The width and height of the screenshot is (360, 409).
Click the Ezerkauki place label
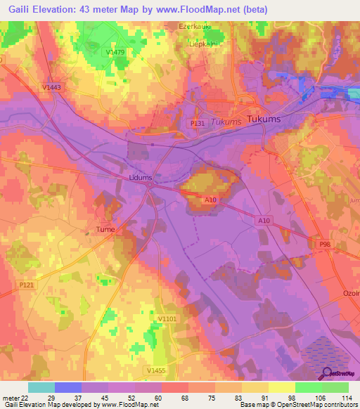(x=195, y=26)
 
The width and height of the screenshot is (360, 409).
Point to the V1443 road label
(x=51, y=87)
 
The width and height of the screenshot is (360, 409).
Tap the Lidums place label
(x=141, y=178)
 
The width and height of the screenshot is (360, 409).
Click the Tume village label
(x=105, y=229)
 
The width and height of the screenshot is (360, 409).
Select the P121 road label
(x=27, y=285)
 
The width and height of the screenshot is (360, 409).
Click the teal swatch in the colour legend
(x=41, y=387)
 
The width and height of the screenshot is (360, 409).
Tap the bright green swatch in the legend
(x=308, y=387)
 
